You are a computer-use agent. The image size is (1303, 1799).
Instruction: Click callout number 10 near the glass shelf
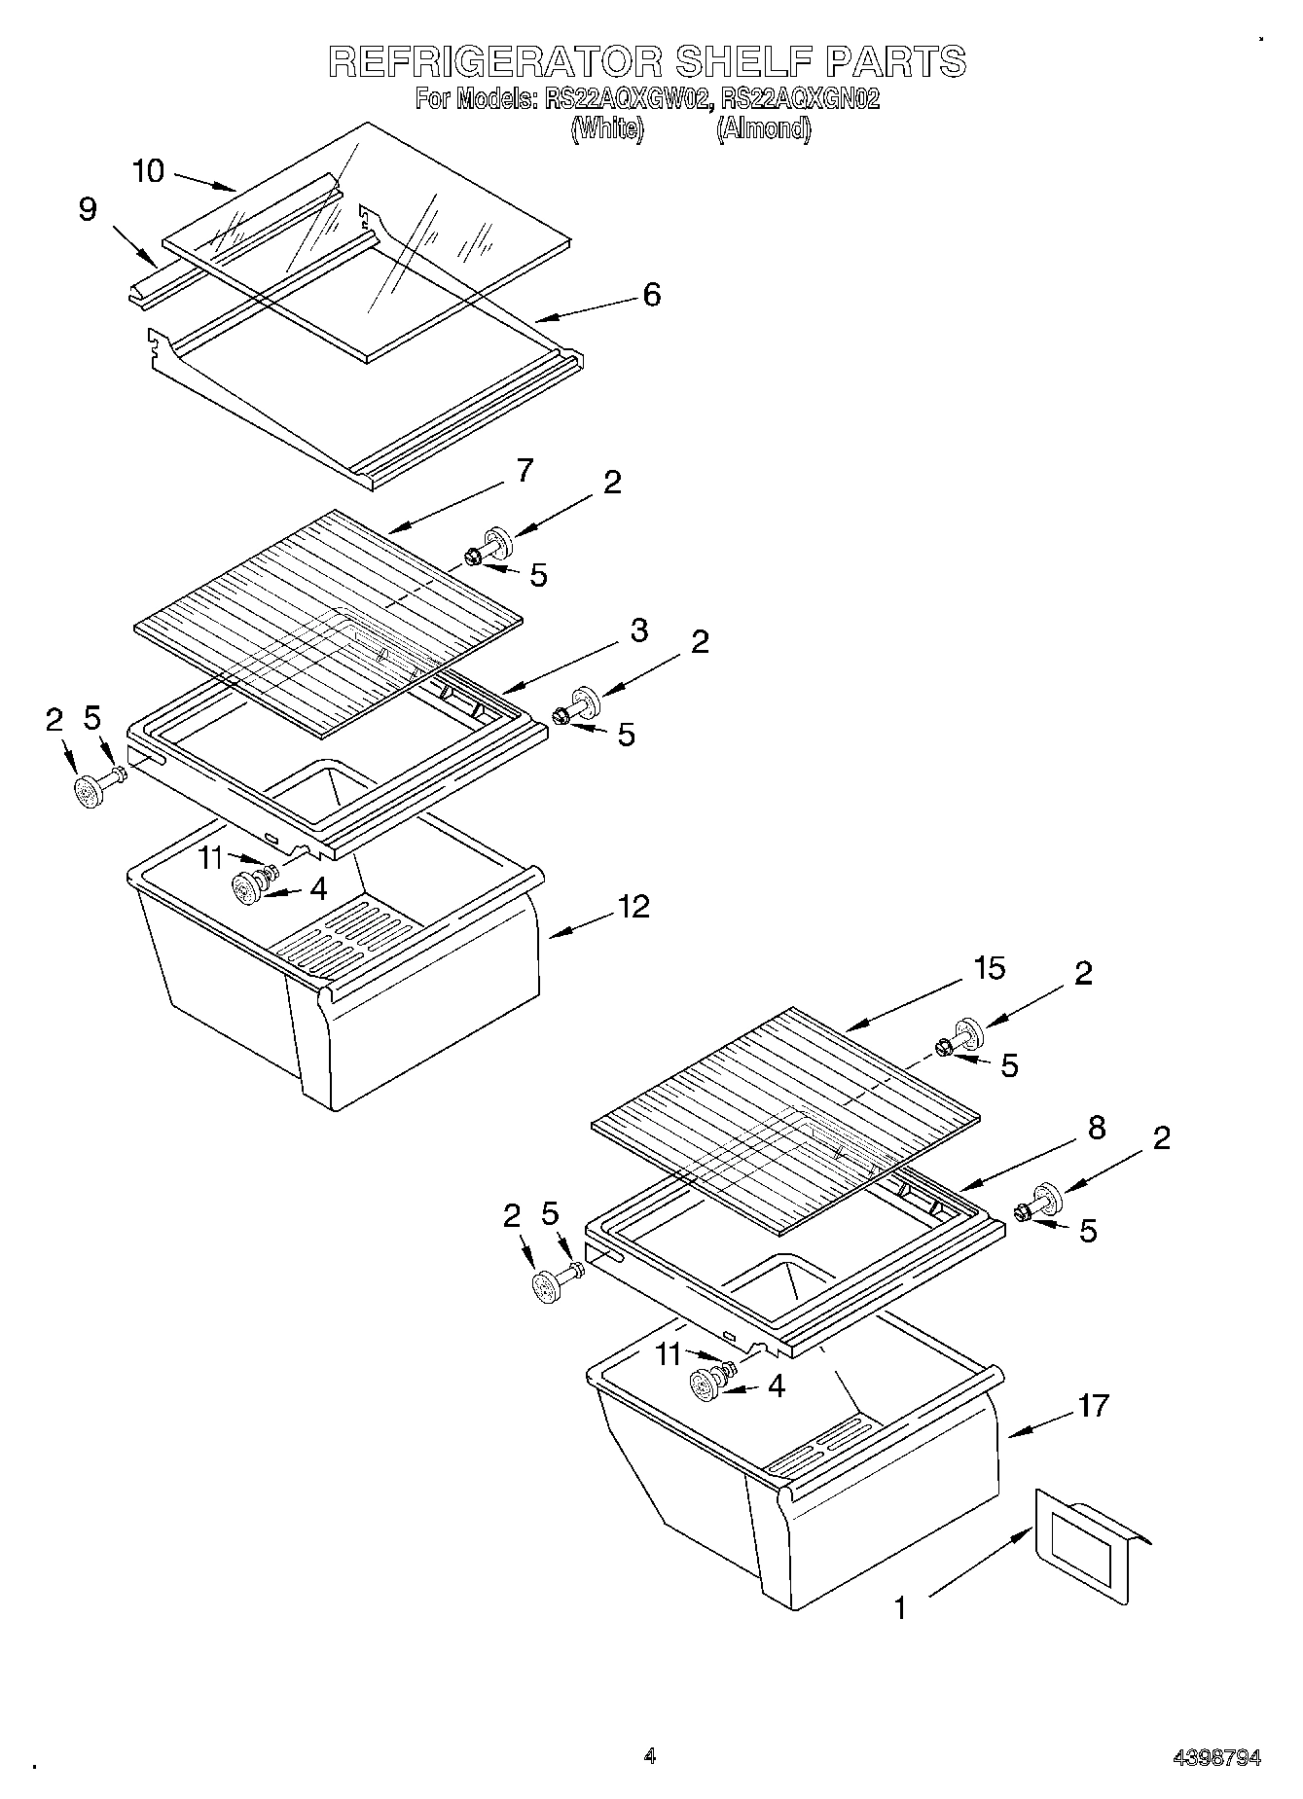(148, 172)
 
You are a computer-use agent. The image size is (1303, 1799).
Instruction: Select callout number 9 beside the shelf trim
(88, 210)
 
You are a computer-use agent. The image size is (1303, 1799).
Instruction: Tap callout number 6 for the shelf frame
(651, 294)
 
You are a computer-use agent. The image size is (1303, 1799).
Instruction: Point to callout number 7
(525, 471)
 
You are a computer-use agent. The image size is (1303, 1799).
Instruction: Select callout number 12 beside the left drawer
(633, 907)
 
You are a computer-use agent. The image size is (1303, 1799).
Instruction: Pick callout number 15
(989, 969)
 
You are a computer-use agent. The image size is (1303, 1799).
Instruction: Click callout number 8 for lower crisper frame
(1097, 1128)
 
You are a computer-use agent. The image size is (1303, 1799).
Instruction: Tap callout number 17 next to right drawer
(1094, 1406)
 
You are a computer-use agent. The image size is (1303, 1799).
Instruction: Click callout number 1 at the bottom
(900, 1608)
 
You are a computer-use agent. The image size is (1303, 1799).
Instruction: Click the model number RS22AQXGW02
(629, 99)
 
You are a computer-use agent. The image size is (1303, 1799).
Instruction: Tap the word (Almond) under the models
(763, 128)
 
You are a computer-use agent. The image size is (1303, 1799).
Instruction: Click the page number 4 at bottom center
(649, 1756)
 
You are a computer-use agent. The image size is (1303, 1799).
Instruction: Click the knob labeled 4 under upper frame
(249, 888)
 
